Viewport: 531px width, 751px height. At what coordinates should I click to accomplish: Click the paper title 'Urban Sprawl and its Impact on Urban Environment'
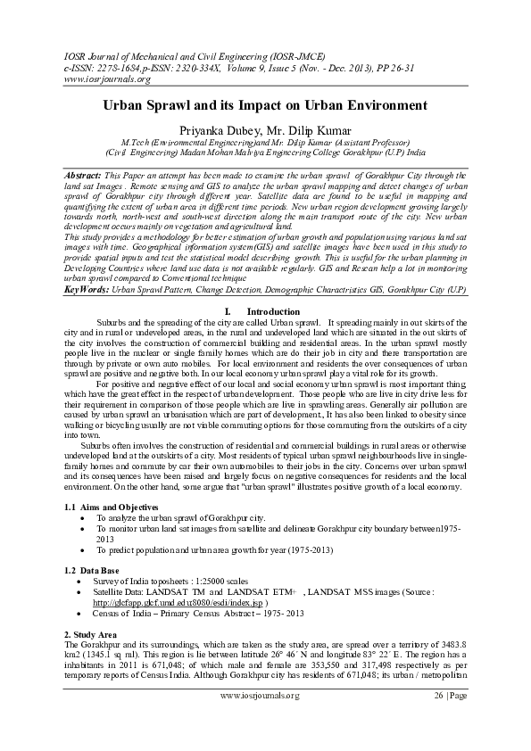265,105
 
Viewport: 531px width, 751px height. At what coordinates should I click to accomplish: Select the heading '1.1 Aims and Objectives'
109,507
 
